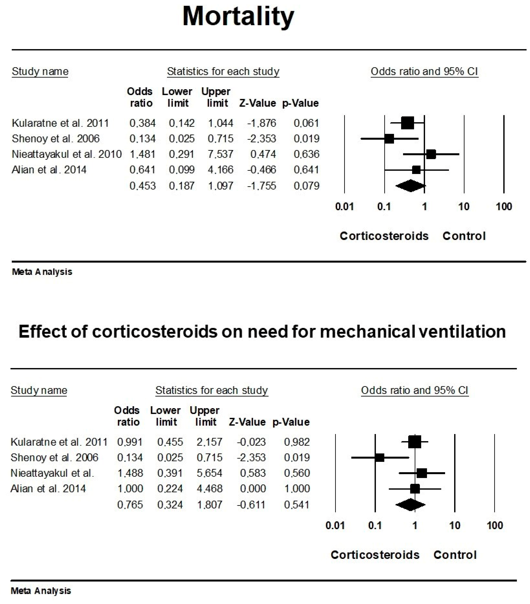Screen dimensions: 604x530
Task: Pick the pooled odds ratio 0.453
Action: point(142,186)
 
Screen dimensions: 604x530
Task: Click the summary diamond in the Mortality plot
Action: point(410,186)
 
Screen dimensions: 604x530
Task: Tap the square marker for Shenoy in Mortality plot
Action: point(389,139)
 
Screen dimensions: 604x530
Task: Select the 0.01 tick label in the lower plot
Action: point(335,525)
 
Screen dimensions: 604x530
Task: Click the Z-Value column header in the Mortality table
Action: point(257,103)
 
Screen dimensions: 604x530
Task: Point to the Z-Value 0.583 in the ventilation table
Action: point(253,473)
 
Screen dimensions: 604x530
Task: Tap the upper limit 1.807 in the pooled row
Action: point(209,505)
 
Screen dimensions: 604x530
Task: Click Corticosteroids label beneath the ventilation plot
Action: point(375,555)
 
